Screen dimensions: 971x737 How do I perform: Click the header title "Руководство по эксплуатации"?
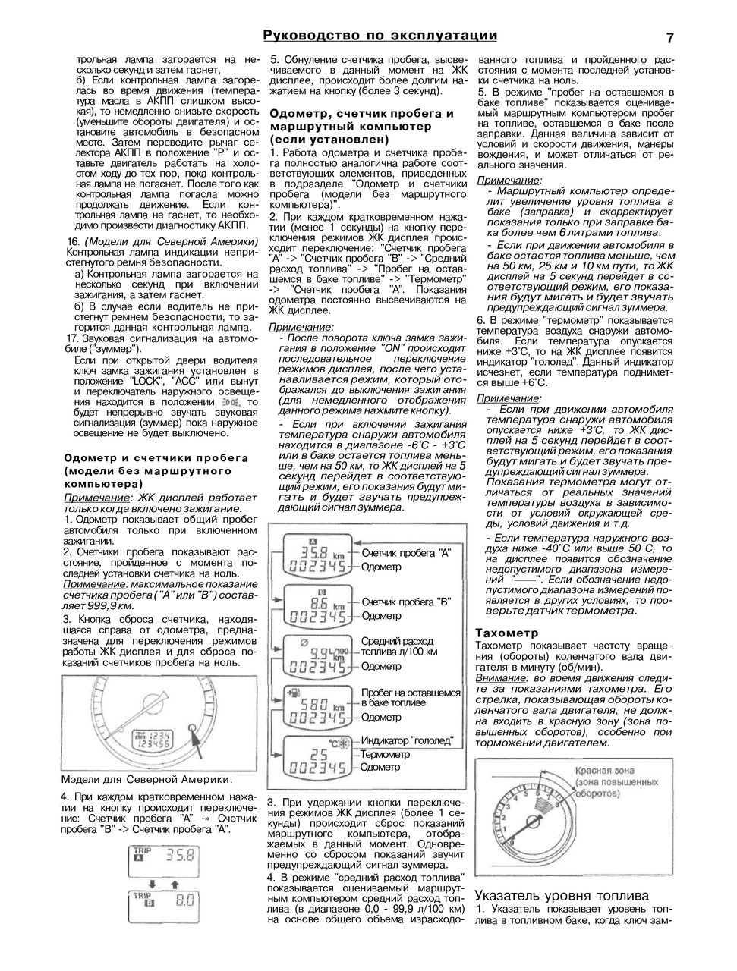click(x=380, y=36)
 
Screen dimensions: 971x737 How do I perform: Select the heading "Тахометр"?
click(x=506, y=633)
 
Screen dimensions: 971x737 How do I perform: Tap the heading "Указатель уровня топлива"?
click(x=562, y=895)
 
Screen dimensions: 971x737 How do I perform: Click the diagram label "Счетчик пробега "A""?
click(x=406, y=553)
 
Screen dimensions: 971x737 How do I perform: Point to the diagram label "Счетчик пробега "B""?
click(x=406, y=602)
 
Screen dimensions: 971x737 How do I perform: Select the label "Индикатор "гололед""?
click(x=407, y=740)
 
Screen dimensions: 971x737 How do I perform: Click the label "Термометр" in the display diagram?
click(x=385, y=754)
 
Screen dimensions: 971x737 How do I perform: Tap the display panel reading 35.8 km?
click(x=316, y=558)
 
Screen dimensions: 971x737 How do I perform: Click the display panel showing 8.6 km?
click(x=316, y=607)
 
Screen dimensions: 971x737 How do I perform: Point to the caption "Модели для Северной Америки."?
click(x=146, y=779)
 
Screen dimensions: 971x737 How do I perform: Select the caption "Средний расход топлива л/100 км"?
click(x=398, y=646)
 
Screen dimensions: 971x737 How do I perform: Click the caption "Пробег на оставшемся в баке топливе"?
click(x=410, y=698)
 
